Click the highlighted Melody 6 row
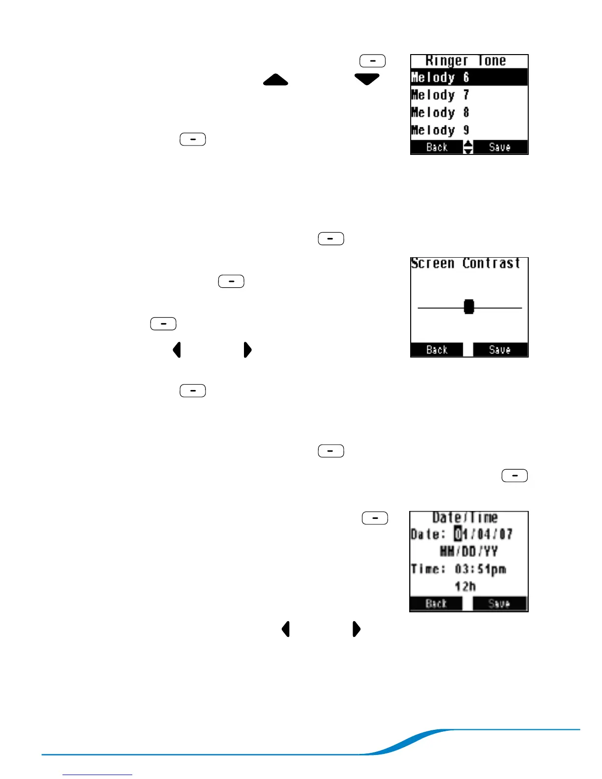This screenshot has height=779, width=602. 469,77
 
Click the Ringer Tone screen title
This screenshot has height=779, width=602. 466,60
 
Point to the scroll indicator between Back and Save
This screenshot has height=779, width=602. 468,147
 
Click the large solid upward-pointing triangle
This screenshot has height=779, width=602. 275,80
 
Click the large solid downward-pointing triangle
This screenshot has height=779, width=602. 367,79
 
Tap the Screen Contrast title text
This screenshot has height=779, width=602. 466,263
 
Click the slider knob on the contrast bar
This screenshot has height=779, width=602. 469,307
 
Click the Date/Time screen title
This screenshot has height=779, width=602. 465,517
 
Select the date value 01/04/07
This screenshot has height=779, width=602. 483,534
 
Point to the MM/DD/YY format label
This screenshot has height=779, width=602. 469,551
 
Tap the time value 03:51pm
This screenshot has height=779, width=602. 481,569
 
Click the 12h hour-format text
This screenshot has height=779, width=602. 465,586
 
